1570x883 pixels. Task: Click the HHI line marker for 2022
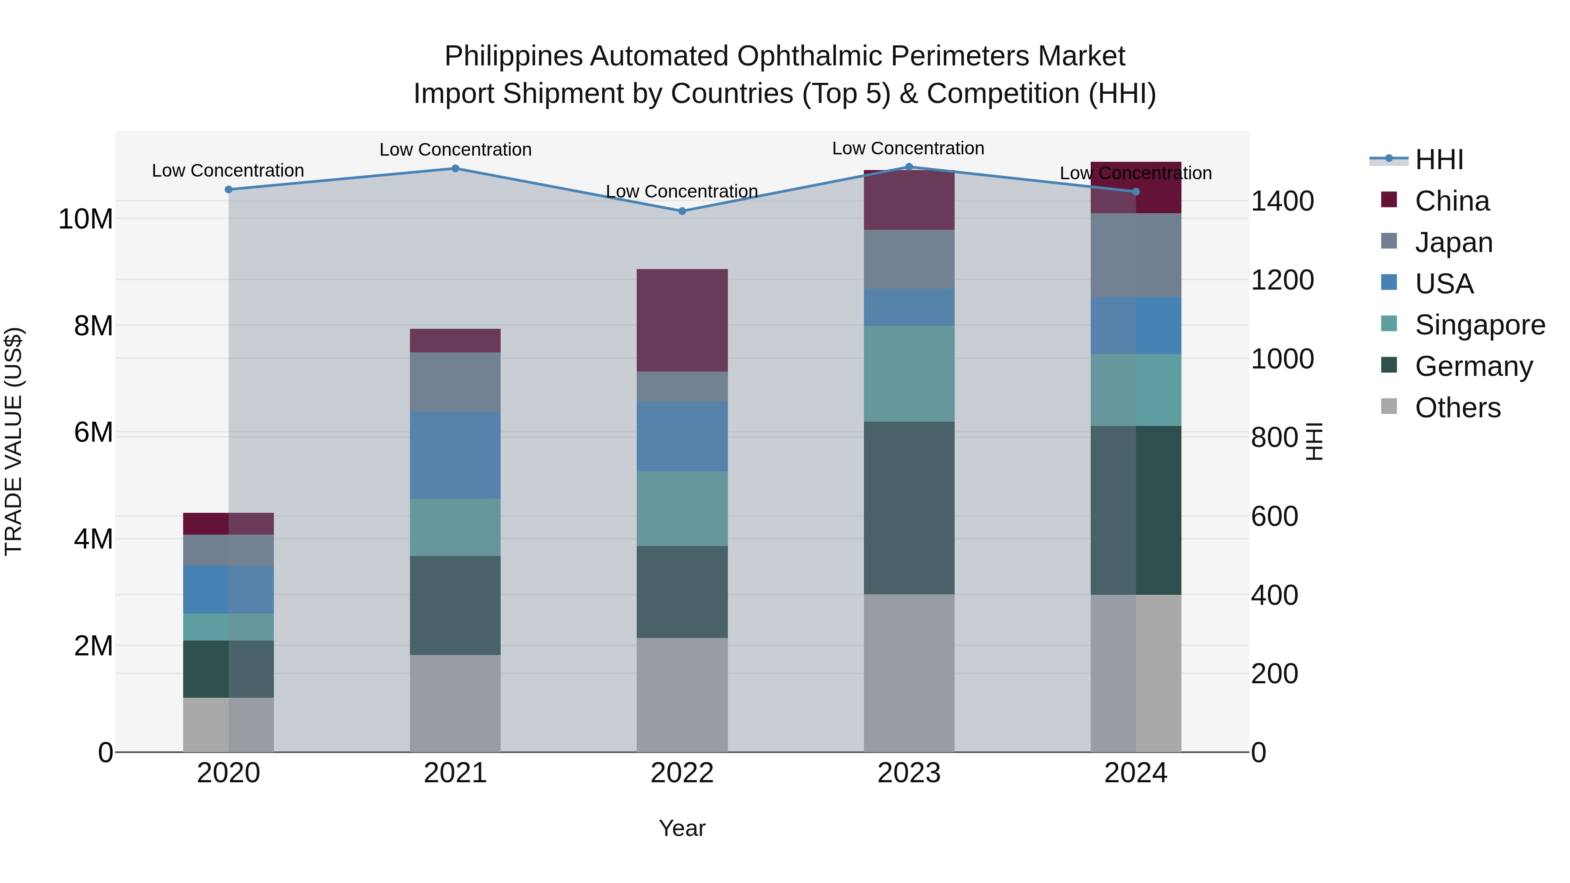click(x=682, y=211)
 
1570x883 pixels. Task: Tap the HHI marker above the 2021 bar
click(x=455, y=169)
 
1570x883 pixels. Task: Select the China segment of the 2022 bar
click(x=682, y=320)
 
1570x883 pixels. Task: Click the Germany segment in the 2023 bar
click(x=909, y=508)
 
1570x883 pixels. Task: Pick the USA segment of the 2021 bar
click(x=455, y=455)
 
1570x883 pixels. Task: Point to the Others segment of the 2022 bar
click(x=682, y=695)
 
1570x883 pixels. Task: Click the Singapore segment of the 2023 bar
click(x=909, y=374)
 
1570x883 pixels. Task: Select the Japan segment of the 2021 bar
click(x=455, y=382)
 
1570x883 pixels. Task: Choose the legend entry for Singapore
click(x=1479, y=325)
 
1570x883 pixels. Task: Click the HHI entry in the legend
click(x=1438, y=160)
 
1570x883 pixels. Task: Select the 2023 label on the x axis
click(x=909, y=773)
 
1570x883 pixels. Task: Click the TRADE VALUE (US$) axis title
click(x=14, y=441)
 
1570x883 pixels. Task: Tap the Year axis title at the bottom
click(x=682, y=828)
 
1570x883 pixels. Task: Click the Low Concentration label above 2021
click(x=455, y=149)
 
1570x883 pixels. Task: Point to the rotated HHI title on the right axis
click(x=1314, y=441)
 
